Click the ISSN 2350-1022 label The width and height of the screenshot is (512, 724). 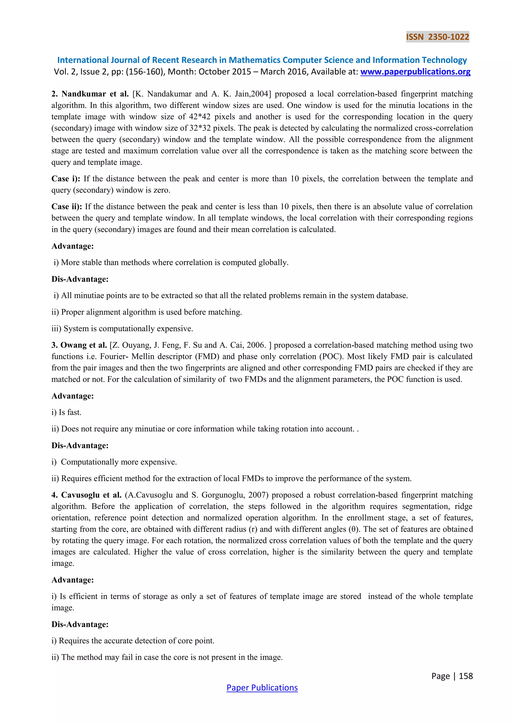point(437,37)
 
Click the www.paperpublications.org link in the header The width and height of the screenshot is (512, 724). point(415,72)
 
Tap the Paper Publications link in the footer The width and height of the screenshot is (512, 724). point(262,687)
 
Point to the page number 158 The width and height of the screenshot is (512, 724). point(466,676)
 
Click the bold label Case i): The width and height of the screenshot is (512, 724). point(65,179)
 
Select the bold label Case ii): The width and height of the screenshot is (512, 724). point(66,206)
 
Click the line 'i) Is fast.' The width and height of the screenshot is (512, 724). point(66,412)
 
